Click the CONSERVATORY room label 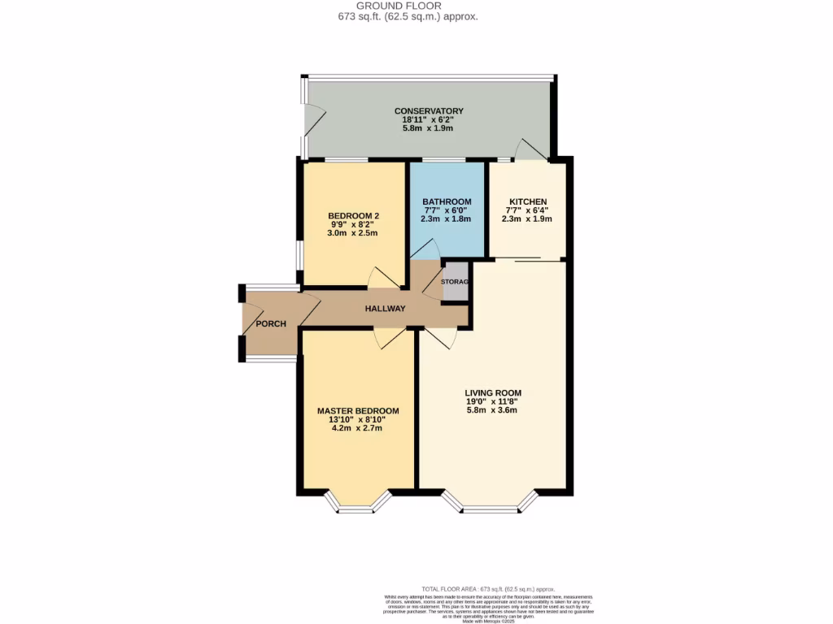pos(429,111)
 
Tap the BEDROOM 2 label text pos(354,215)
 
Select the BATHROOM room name pos(447,201)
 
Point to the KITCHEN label pos(527,201)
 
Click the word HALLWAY pos(385,309)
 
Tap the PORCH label pos(271,324)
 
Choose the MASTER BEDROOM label pos(358,411)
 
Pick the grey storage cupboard pos(456,282)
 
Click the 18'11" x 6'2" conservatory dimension pos(429,120)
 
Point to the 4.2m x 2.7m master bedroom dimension pos(358,429)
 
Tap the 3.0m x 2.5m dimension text pos(354,233)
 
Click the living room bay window pos(491,505)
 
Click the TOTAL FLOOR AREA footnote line pos(487,588)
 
